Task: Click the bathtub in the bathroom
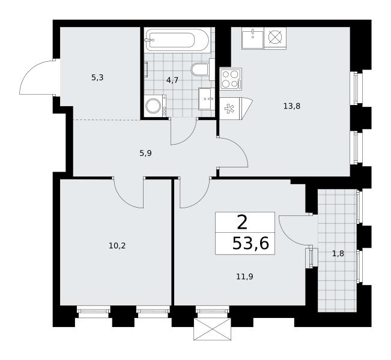(x=177, y=40)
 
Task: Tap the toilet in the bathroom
(x=200, y=70)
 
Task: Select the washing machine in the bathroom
(x=156, y=106)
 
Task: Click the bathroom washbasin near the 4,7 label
(x=206, y=98)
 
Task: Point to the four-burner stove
(x=231, y=79)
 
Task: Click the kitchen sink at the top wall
(x=252, y=38)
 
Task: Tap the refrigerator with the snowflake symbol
(x=229, y=109)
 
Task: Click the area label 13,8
(x=292, y=106)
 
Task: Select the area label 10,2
(x=117, y=246)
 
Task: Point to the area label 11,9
(x=245, y=276)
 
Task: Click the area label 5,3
(x=97, y=78)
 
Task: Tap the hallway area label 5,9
(x=145, y=153)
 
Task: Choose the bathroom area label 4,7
(x=172, y=80)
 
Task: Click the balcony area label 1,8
(x=338, y=254)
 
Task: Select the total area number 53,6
(x=250, y=243)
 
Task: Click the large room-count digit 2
(x=243, y=223)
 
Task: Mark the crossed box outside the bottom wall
(x=213, y=329)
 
